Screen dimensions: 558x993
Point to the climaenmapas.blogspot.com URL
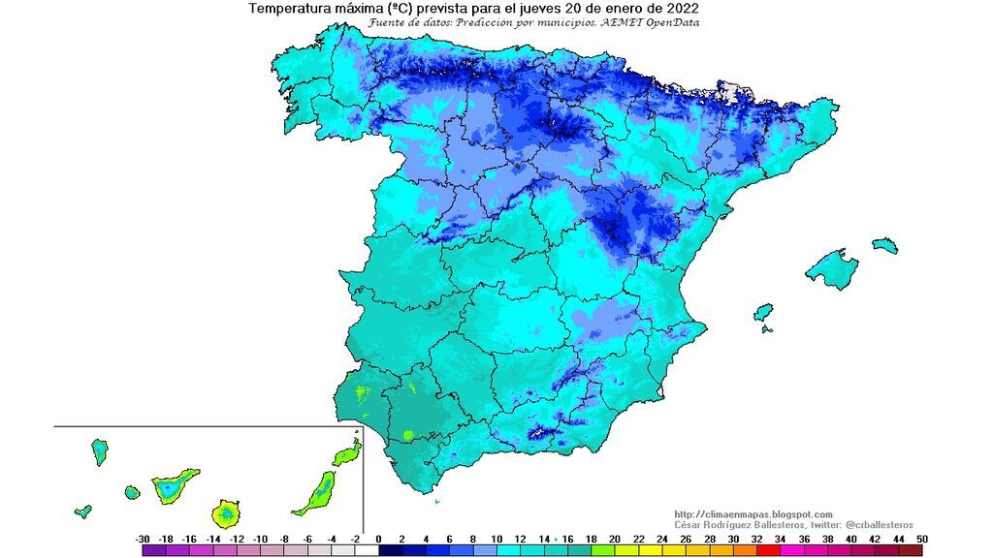(753, 513)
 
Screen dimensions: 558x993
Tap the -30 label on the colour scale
(142, 539)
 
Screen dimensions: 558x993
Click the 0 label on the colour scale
(378, 539)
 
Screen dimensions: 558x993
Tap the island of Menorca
(884, 246)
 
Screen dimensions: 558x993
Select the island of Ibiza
(763, 312)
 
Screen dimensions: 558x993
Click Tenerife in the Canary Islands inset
(173, 484)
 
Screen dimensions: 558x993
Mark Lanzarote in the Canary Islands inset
(347, 453)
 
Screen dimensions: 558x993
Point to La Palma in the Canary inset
(99, 451)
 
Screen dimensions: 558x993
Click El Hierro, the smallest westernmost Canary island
(83, 511)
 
